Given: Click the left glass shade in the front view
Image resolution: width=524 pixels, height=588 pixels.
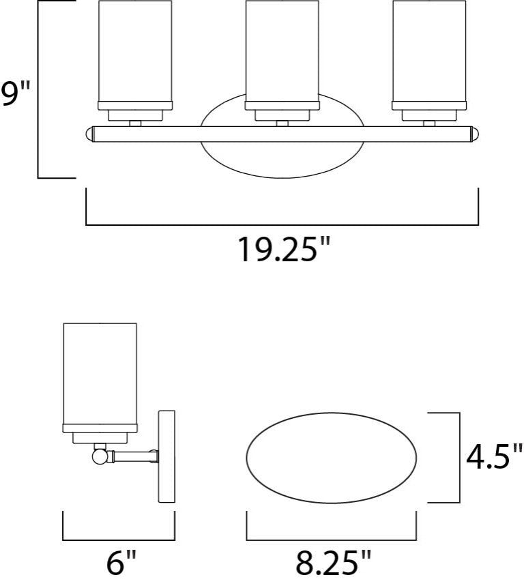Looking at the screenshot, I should click(134, 51).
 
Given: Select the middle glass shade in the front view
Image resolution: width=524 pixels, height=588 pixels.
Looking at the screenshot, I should click(280, 51).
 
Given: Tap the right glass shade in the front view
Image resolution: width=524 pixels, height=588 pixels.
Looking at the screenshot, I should click(428, 51).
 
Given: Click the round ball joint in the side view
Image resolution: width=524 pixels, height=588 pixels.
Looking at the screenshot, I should click(100, 454).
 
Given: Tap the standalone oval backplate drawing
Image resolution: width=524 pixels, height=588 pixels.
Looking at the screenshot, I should click(332, 456).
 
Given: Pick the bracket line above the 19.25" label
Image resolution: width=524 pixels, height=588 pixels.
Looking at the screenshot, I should click(282, 224).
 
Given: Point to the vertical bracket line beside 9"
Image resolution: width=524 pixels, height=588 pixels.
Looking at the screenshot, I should click(38, 89).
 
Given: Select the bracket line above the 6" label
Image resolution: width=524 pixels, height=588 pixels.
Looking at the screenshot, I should click(119, 538).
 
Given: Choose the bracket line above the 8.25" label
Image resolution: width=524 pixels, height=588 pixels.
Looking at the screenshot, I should click(332, 538).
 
